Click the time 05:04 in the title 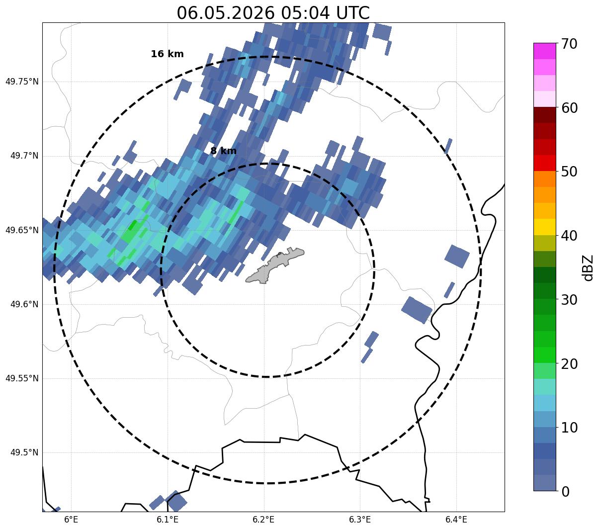(305, 13)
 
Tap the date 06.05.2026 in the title (226, 13)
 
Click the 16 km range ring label (168, 54)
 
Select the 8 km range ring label (223, 151)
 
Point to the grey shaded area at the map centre (275, 265)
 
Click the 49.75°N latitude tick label (22, 82)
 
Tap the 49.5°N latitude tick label (24, 452)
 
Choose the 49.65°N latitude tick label (22, 230)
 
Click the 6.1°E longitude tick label (168, 520)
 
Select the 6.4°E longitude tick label (456, 520)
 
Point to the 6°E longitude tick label (71, 520)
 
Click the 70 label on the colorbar (569, 44)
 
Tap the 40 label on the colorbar (569, 236)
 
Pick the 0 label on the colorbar (565, 492)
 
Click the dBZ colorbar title (588, 268)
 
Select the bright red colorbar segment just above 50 (545, 163)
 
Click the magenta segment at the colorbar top (545, 51)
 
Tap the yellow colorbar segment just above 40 (545, 227)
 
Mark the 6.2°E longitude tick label (264, 520)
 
